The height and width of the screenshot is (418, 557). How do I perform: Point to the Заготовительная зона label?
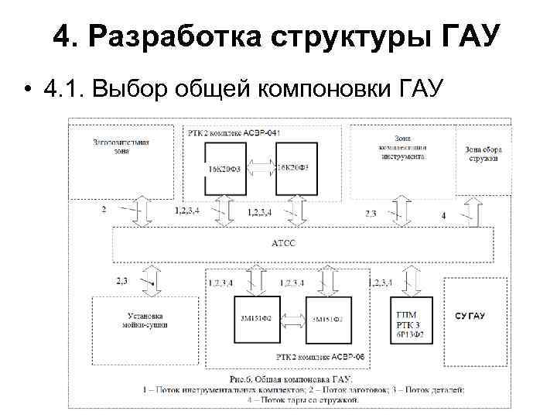(120, 146)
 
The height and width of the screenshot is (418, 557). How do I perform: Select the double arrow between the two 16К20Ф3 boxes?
(260, 167)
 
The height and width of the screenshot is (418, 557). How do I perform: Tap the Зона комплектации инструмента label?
(402, 147)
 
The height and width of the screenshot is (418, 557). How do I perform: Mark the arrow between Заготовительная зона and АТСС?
(138, 211)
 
